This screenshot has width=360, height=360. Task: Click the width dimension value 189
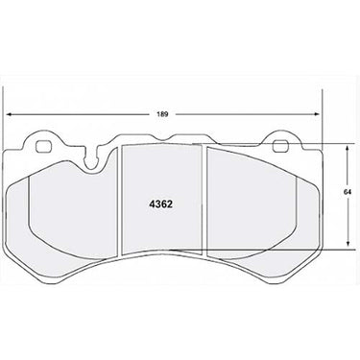(162, 114)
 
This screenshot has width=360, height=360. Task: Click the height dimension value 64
(348, 192)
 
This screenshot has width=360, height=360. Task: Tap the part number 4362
(160, 204)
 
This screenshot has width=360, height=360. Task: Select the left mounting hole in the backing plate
(43, 147)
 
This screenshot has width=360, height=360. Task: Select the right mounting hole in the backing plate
(279, 146)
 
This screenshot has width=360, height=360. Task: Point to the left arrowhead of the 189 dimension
(10, 114)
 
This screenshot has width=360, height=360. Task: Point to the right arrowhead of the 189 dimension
(316, 114)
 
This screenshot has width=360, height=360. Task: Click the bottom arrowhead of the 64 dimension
(348, 244)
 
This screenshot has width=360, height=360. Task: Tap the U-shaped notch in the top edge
(92, 160)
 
